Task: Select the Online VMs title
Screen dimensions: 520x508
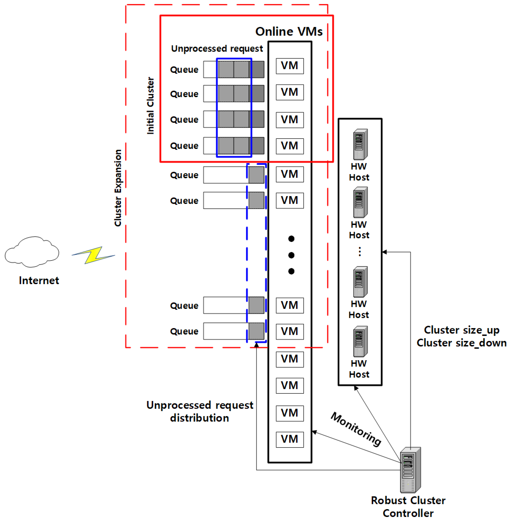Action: pos(289,32)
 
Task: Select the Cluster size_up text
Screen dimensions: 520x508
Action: pos(462,330)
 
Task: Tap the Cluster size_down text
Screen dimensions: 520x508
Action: pos(462,343)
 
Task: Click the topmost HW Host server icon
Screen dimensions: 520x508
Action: pos(360,144)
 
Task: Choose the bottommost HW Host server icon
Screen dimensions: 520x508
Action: pos(360,341)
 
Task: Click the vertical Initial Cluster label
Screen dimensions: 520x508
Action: pos(150,106)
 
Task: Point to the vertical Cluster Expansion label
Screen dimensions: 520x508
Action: pos(118,188)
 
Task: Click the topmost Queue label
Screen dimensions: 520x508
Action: pos(184,70)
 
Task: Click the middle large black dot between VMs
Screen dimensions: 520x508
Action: pos(291,255)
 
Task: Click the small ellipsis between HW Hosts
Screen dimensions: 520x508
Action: pos(360,251)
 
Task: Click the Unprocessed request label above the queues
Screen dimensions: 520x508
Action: pos(217,49)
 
